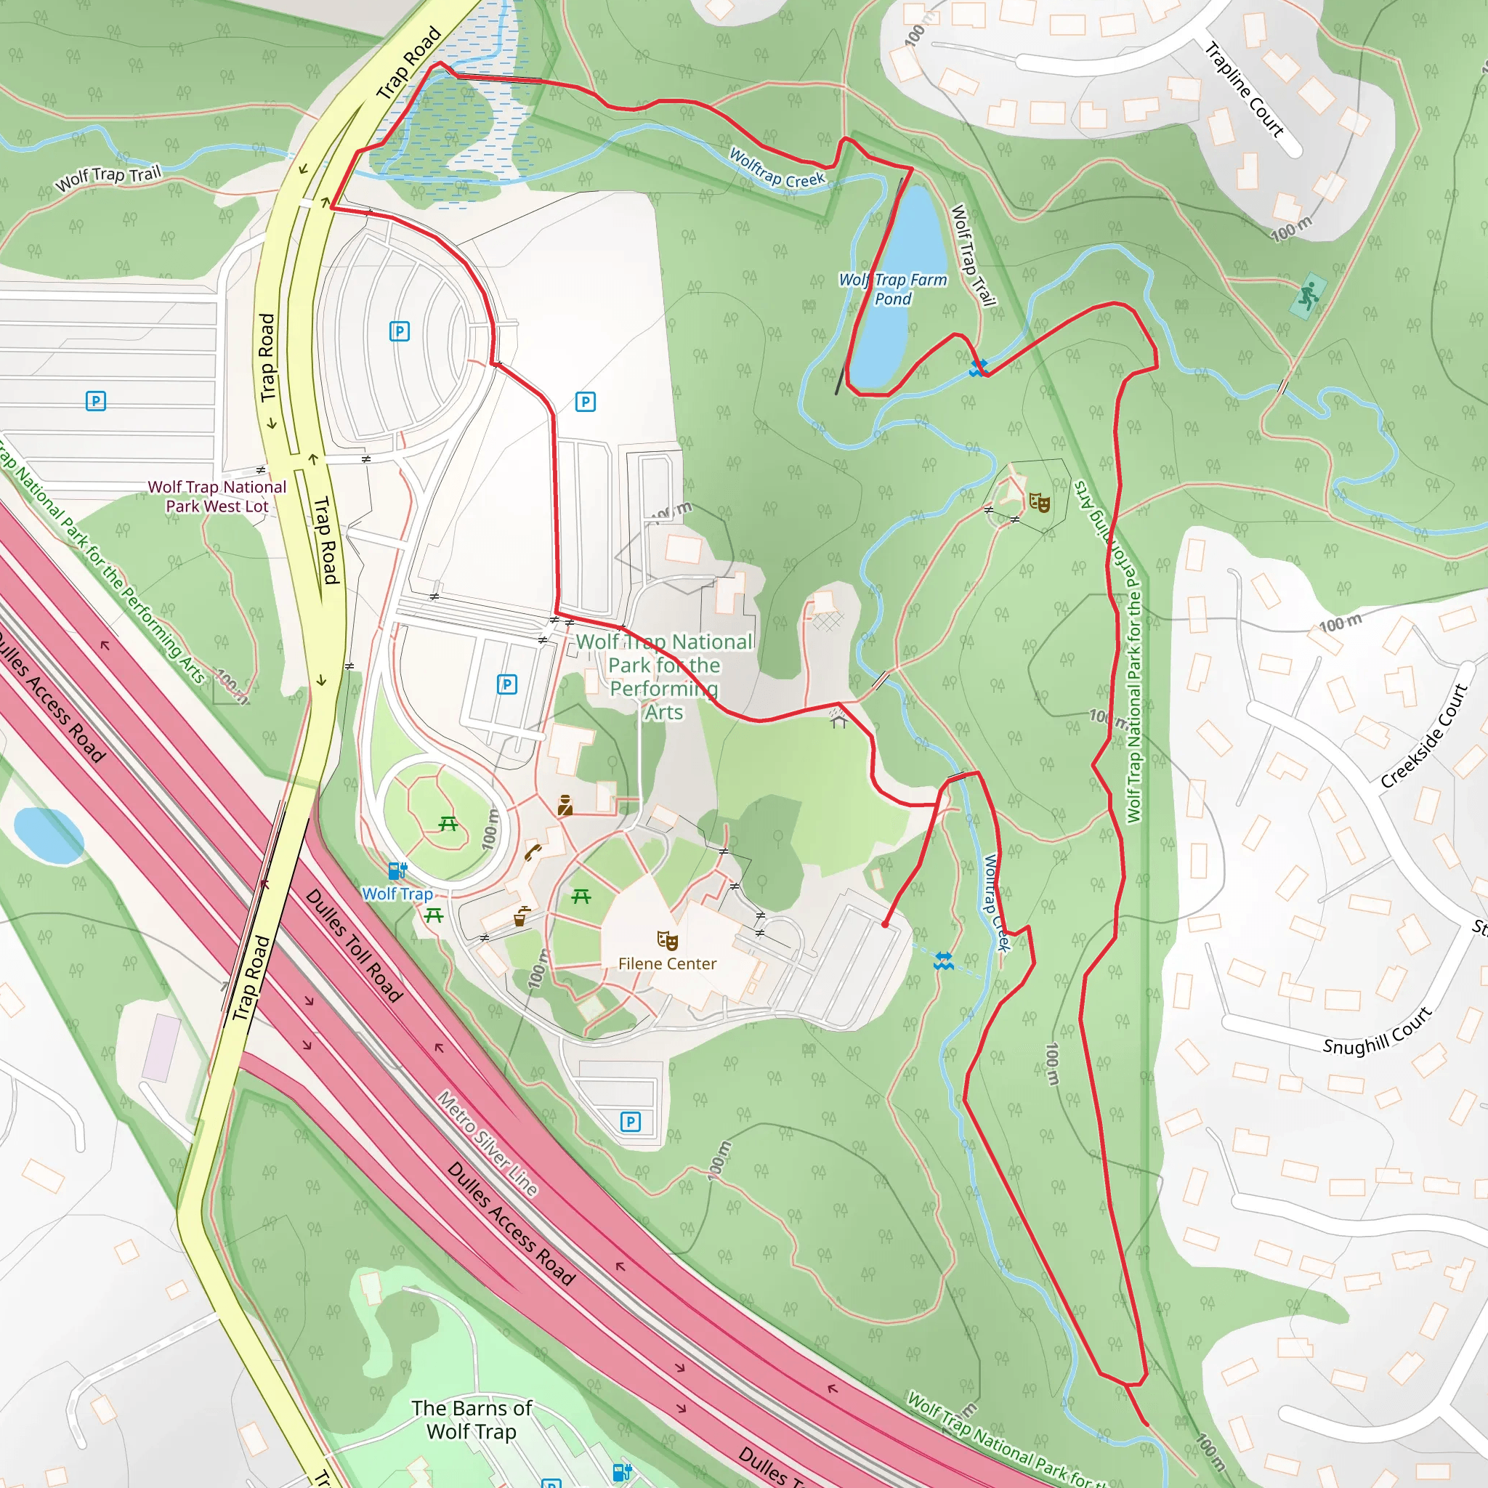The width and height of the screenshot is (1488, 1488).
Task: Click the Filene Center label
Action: pos(667,963)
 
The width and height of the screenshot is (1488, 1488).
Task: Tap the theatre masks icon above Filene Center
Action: pos(667,940)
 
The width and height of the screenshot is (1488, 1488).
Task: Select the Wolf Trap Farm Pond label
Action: pos(893,289)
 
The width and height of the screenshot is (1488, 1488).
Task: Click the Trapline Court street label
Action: pos(1245,90)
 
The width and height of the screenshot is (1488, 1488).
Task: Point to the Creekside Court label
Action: pos(1424,736)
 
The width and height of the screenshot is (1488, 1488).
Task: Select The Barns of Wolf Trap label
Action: pos(472,1420)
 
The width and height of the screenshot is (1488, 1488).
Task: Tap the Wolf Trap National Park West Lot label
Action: pos(217,496)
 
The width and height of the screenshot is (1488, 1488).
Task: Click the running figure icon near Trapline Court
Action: pos(1308,295)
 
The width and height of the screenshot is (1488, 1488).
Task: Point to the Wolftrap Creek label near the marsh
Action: pos(777,168)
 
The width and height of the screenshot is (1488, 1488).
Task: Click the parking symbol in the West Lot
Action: pos(95,400)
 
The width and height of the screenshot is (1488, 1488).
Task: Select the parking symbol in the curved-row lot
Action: pos(399,331)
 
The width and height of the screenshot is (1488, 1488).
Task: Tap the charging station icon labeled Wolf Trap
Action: pos(397,871)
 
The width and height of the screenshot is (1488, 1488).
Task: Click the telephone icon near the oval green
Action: pos(532,852)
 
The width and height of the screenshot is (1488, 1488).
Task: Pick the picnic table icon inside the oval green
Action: pos(448,824)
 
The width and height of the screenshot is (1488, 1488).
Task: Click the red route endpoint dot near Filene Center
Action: pos(886,924)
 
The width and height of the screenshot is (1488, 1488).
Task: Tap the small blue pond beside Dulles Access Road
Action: pos(48,835)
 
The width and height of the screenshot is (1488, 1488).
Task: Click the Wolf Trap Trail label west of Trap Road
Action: pos(108,178)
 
